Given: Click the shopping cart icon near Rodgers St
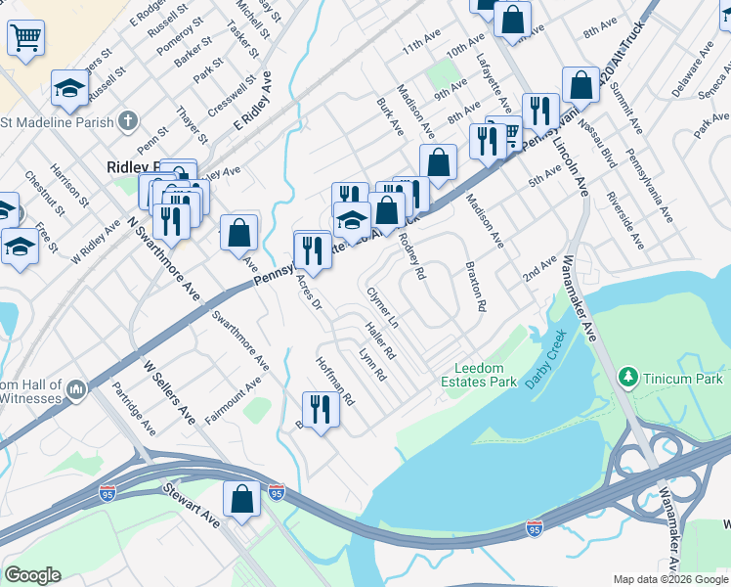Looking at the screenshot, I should [25, 38].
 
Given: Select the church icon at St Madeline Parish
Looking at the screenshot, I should [127, 121].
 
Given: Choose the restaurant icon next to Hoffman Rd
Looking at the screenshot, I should [319, 410].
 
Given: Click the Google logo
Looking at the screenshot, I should [32, 575].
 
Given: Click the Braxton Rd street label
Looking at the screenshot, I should [475, 286].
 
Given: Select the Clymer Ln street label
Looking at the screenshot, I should [382, 307].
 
